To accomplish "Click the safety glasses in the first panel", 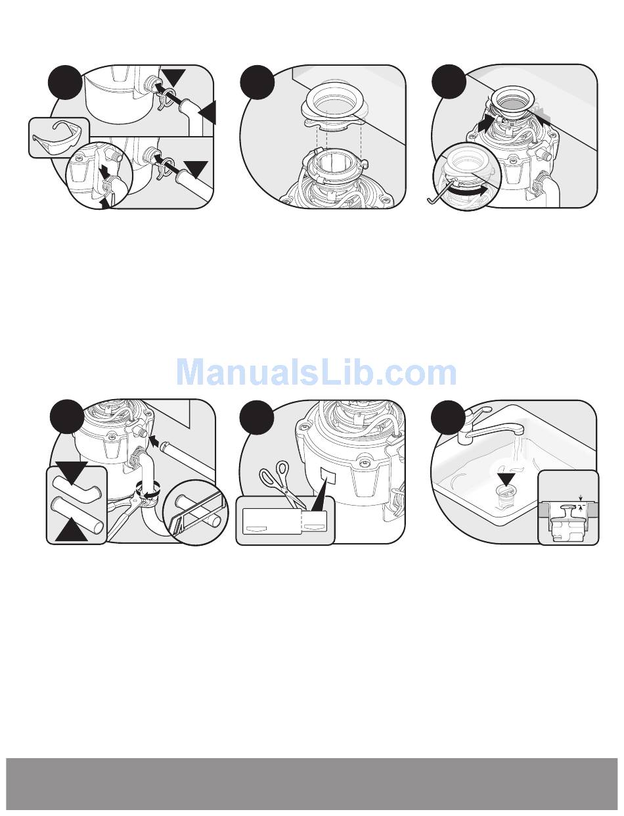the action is point(57,136).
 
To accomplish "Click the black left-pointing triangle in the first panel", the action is point(207,112).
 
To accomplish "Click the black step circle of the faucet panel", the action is point(448,417).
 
